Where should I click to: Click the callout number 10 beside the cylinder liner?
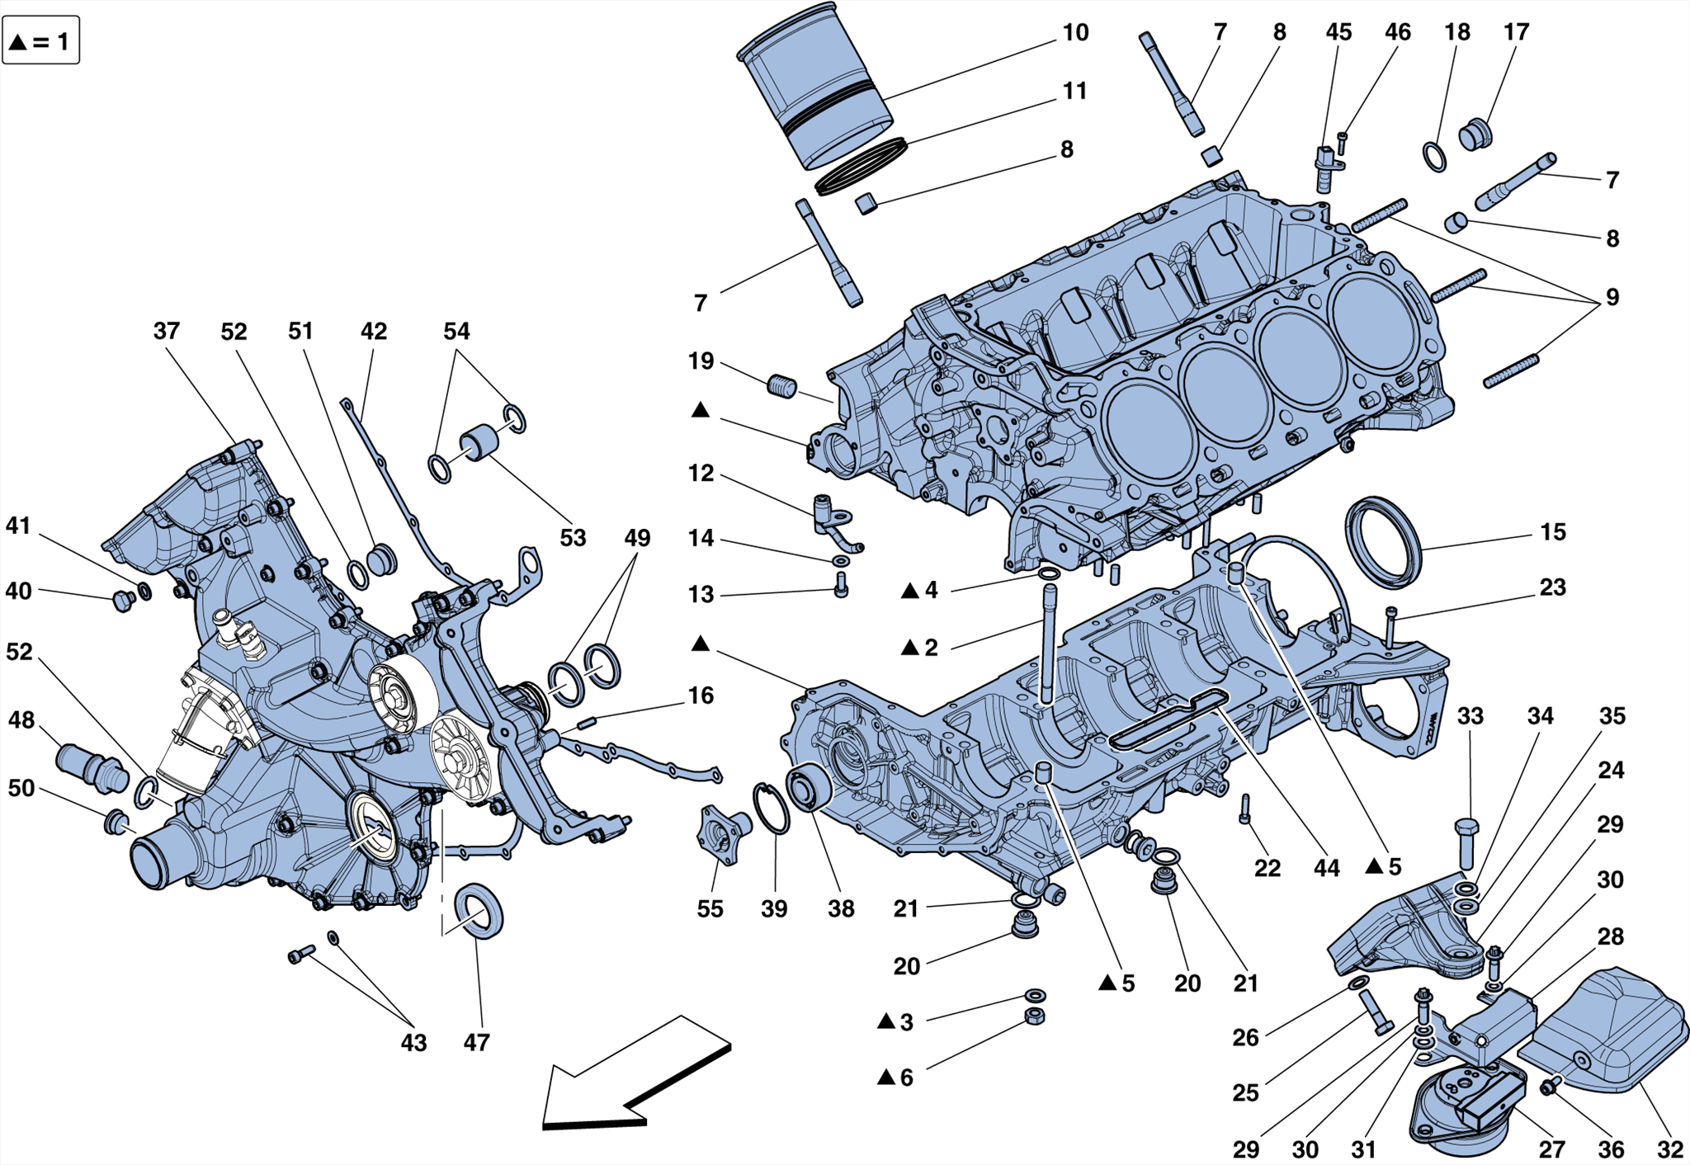(x=1074, y=33)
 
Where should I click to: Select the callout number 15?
(x=1552, y=532)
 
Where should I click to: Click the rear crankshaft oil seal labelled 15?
(x=1383, y=542)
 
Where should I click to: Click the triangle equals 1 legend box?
(x=41, y=40)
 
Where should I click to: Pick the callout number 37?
(x=166, y=331)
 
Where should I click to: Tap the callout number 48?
(x=21, y=720)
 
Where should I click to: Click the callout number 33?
(x=1470, y=716)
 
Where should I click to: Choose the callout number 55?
(x=710, y=909)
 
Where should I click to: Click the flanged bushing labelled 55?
(x=724, y=834)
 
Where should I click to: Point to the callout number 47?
(x=476, y=1043)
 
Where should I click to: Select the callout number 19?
(x=701, y=361)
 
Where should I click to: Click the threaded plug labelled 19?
(x=782, y=385)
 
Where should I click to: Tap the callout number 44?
(x=1326, y=868)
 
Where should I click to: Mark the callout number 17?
(x=1516, y=33)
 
